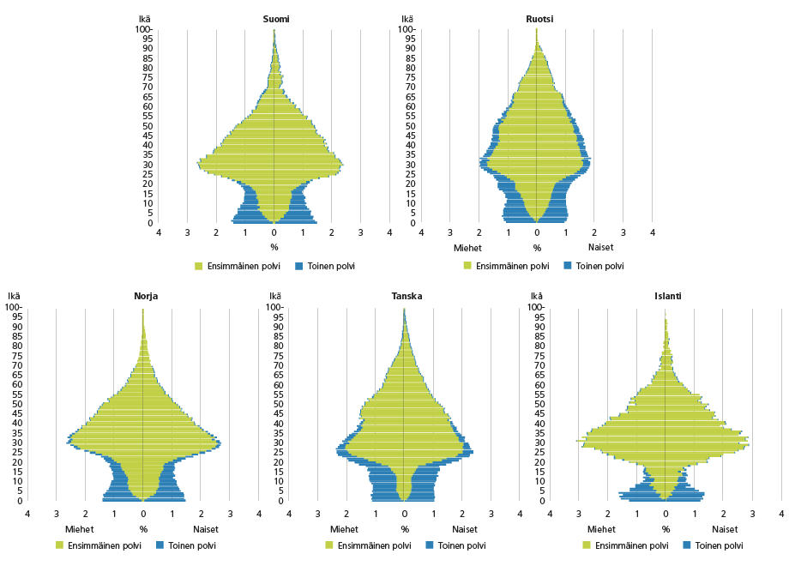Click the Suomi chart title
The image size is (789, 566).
coord(274,18)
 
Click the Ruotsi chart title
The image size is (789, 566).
coord(538,18)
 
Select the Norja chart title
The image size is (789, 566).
coord(145,296)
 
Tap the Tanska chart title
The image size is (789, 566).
coord(407,296)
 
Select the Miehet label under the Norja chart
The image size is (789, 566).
coord(78,529)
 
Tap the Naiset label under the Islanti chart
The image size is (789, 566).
coord(725,529)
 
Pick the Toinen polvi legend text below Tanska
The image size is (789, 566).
coord(461,545)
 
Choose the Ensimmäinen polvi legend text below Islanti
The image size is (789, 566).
coord(632,545)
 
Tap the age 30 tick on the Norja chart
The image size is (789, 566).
coord(15,443)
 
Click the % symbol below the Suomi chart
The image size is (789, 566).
coord(274,248)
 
